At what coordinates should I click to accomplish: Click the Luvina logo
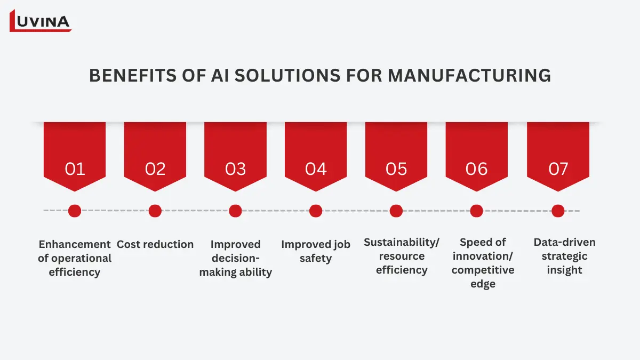(41, 21)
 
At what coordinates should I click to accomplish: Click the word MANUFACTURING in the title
(469, 76)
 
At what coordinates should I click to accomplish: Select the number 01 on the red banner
(75, 169)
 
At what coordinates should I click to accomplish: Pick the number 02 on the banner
(155, 169)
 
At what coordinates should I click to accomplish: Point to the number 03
(235, 169)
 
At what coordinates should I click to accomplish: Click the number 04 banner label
(316, 169)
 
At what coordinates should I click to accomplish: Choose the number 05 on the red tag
(396, 169)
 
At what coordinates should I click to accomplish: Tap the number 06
(476, 169)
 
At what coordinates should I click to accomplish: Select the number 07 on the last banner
(558, 169)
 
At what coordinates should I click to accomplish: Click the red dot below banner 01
(75, 211)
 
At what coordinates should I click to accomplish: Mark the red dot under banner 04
(316, 211)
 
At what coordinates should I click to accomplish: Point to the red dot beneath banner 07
(558, 211)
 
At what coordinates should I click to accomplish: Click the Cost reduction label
(155, 244)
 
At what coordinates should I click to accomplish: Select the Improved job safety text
(316, 251)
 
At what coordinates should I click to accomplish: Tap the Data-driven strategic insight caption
(564, 256)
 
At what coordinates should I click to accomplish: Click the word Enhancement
(75, 244)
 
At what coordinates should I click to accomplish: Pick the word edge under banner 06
(483, 284)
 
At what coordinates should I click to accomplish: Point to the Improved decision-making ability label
(236, 258)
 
